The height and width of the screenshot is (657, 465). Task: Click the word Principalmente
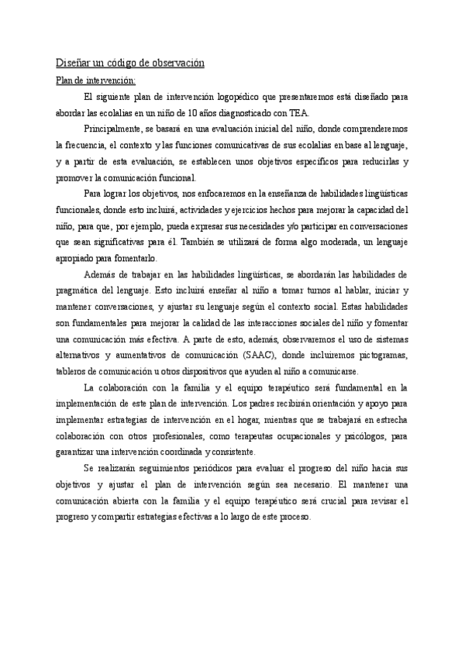[114, 129]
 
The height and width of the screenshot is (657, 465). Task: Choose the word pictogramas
[379, 356]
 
